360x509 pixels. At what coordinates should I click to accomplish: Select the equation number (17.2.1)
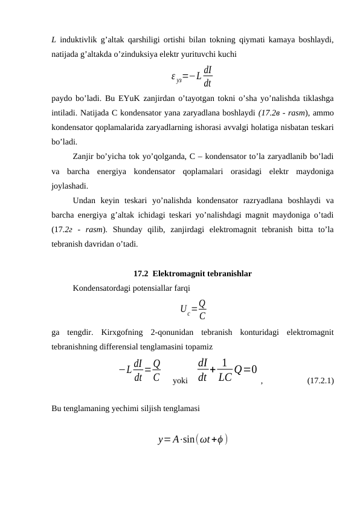(x=322, y=381)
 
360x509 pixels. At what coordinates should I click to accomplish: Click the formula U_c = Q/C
(x=193, y=309)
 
